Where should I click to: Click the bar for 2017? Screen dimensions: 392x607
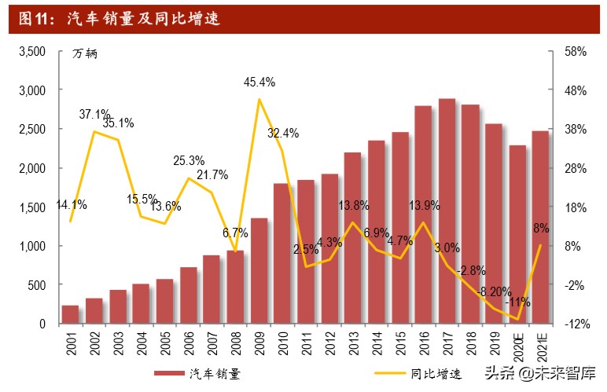[x=446, y=211]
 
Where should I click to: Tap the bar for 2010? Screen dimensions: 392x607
[x=282, y=253]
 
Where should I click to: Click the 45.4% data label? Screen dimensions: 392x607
[x=259, y=82]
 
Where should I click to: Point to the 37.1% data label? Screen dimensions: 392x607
[x=94, y=115]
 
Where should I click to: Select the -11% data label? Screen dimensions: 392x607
[x=518, y=302]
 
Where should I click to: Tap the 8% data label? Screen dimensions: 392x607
[x=541, y=229]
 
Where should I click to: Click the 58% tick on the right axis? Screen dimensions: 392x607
[x=575, y=52]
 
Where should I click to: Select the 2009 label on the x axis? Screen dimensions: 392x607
[x=259, y=343]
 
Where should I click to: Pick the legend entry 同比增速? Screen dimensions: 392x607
[x=432, y=372]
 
